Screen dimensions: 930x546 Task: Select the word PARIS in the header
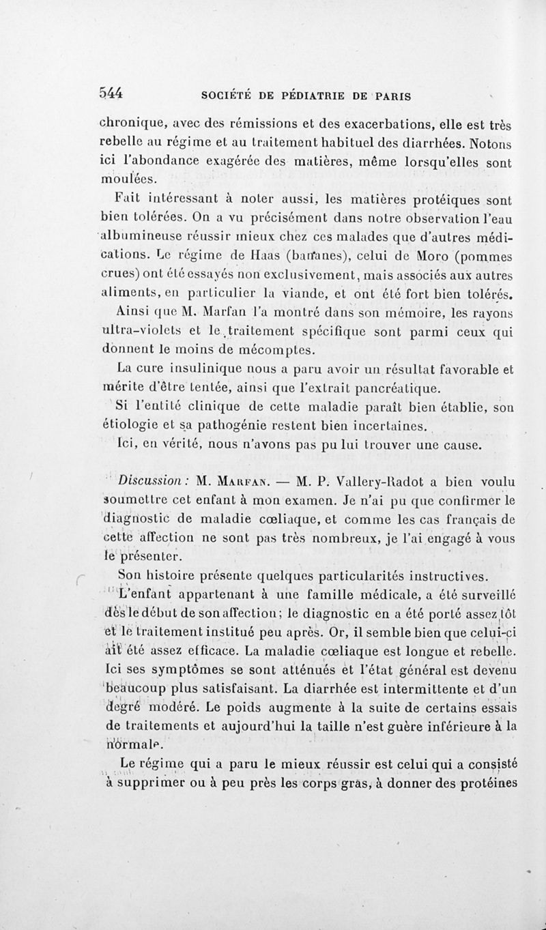392,96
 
